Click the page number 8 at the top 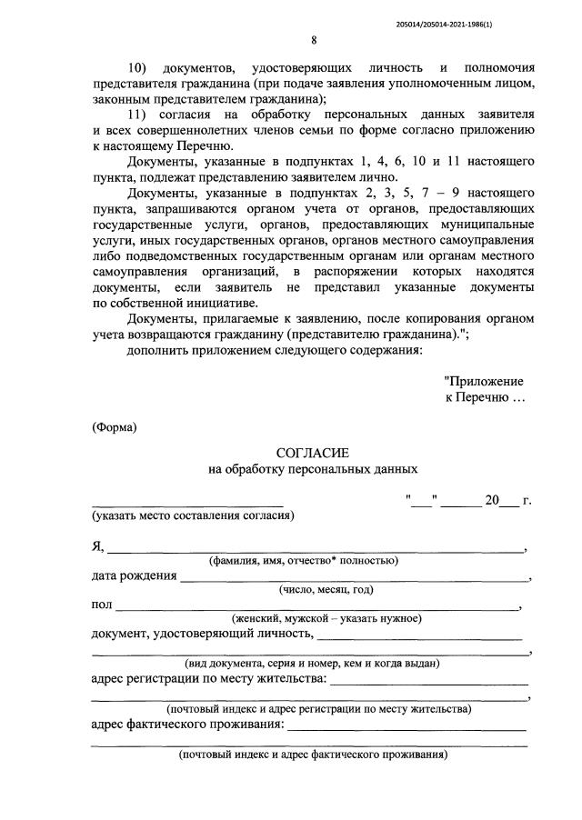tap(314, 40)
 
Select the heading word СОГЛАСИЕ tap(313, 452)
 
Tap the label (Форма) tap(115, 426)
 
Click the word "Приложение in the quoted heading tap(484, 382)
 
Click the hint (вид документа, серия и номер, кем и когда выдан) tap(313, 663)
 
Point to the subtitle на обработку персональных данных tap(313, 469)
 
